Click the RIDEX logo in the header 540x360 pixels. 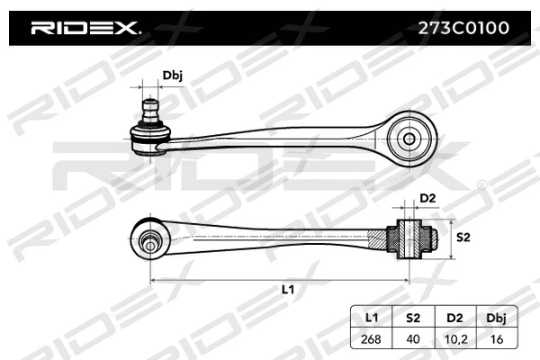85,28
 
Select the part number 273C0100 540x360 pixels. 459,28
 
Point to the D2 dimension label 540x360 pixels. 427,198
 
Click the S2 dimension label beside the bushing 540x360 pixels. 463,238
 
